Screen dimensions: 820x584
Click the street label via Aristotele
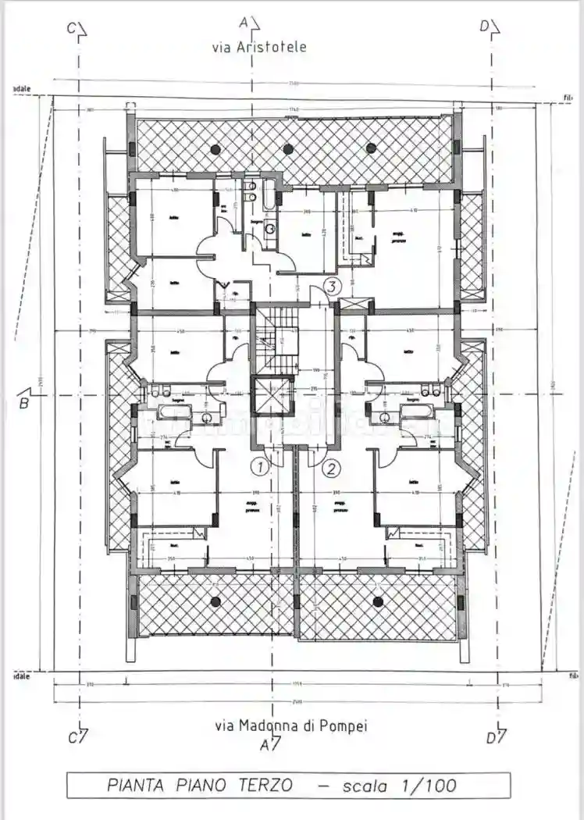[260, 47]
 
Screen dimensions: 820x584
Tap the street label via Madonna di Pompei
[290, 726]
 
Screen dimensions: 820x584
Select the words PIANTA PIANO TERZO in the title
[200, 785]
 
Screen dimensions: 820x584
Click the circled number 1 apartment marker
[259, 468]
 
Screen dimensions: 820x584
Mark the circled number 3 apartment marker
[333, 286]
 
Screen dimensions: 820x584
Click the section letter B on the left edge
[24, 403]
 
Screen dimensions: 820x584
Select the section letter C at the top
[72, 28]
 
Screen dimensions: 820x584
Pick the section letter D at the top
[485, 27]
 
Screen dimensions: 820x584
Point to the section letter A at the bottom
[266, 745]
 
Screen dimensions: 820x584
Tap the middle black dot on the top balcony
[288, 148]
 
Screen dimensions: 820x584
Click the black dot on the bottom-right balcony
[378, 601]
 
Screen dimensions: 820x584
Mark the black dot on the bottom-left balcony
[214, 601]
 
